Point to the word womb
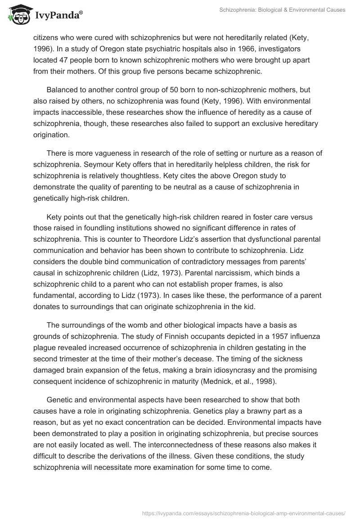point(135,325)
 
